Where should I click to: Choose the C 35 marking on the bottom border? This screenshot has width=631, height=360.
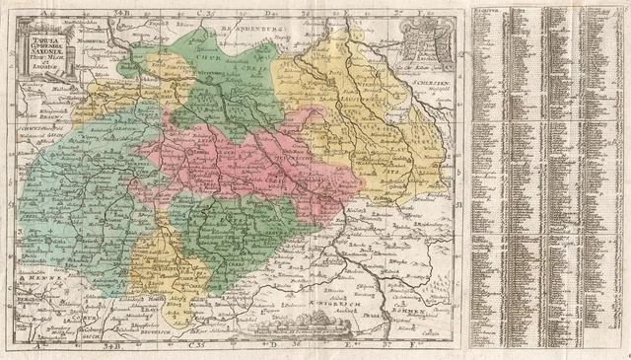click(x=196, y=345)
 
